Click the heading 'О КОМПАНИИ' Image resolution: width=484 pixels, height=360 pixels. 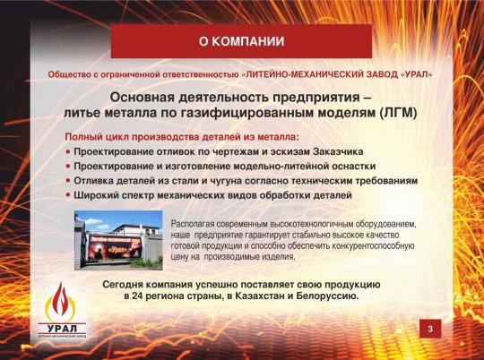(241, 41)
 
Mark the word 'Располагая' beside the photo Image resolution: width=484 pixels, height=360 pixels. (191, 219)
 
